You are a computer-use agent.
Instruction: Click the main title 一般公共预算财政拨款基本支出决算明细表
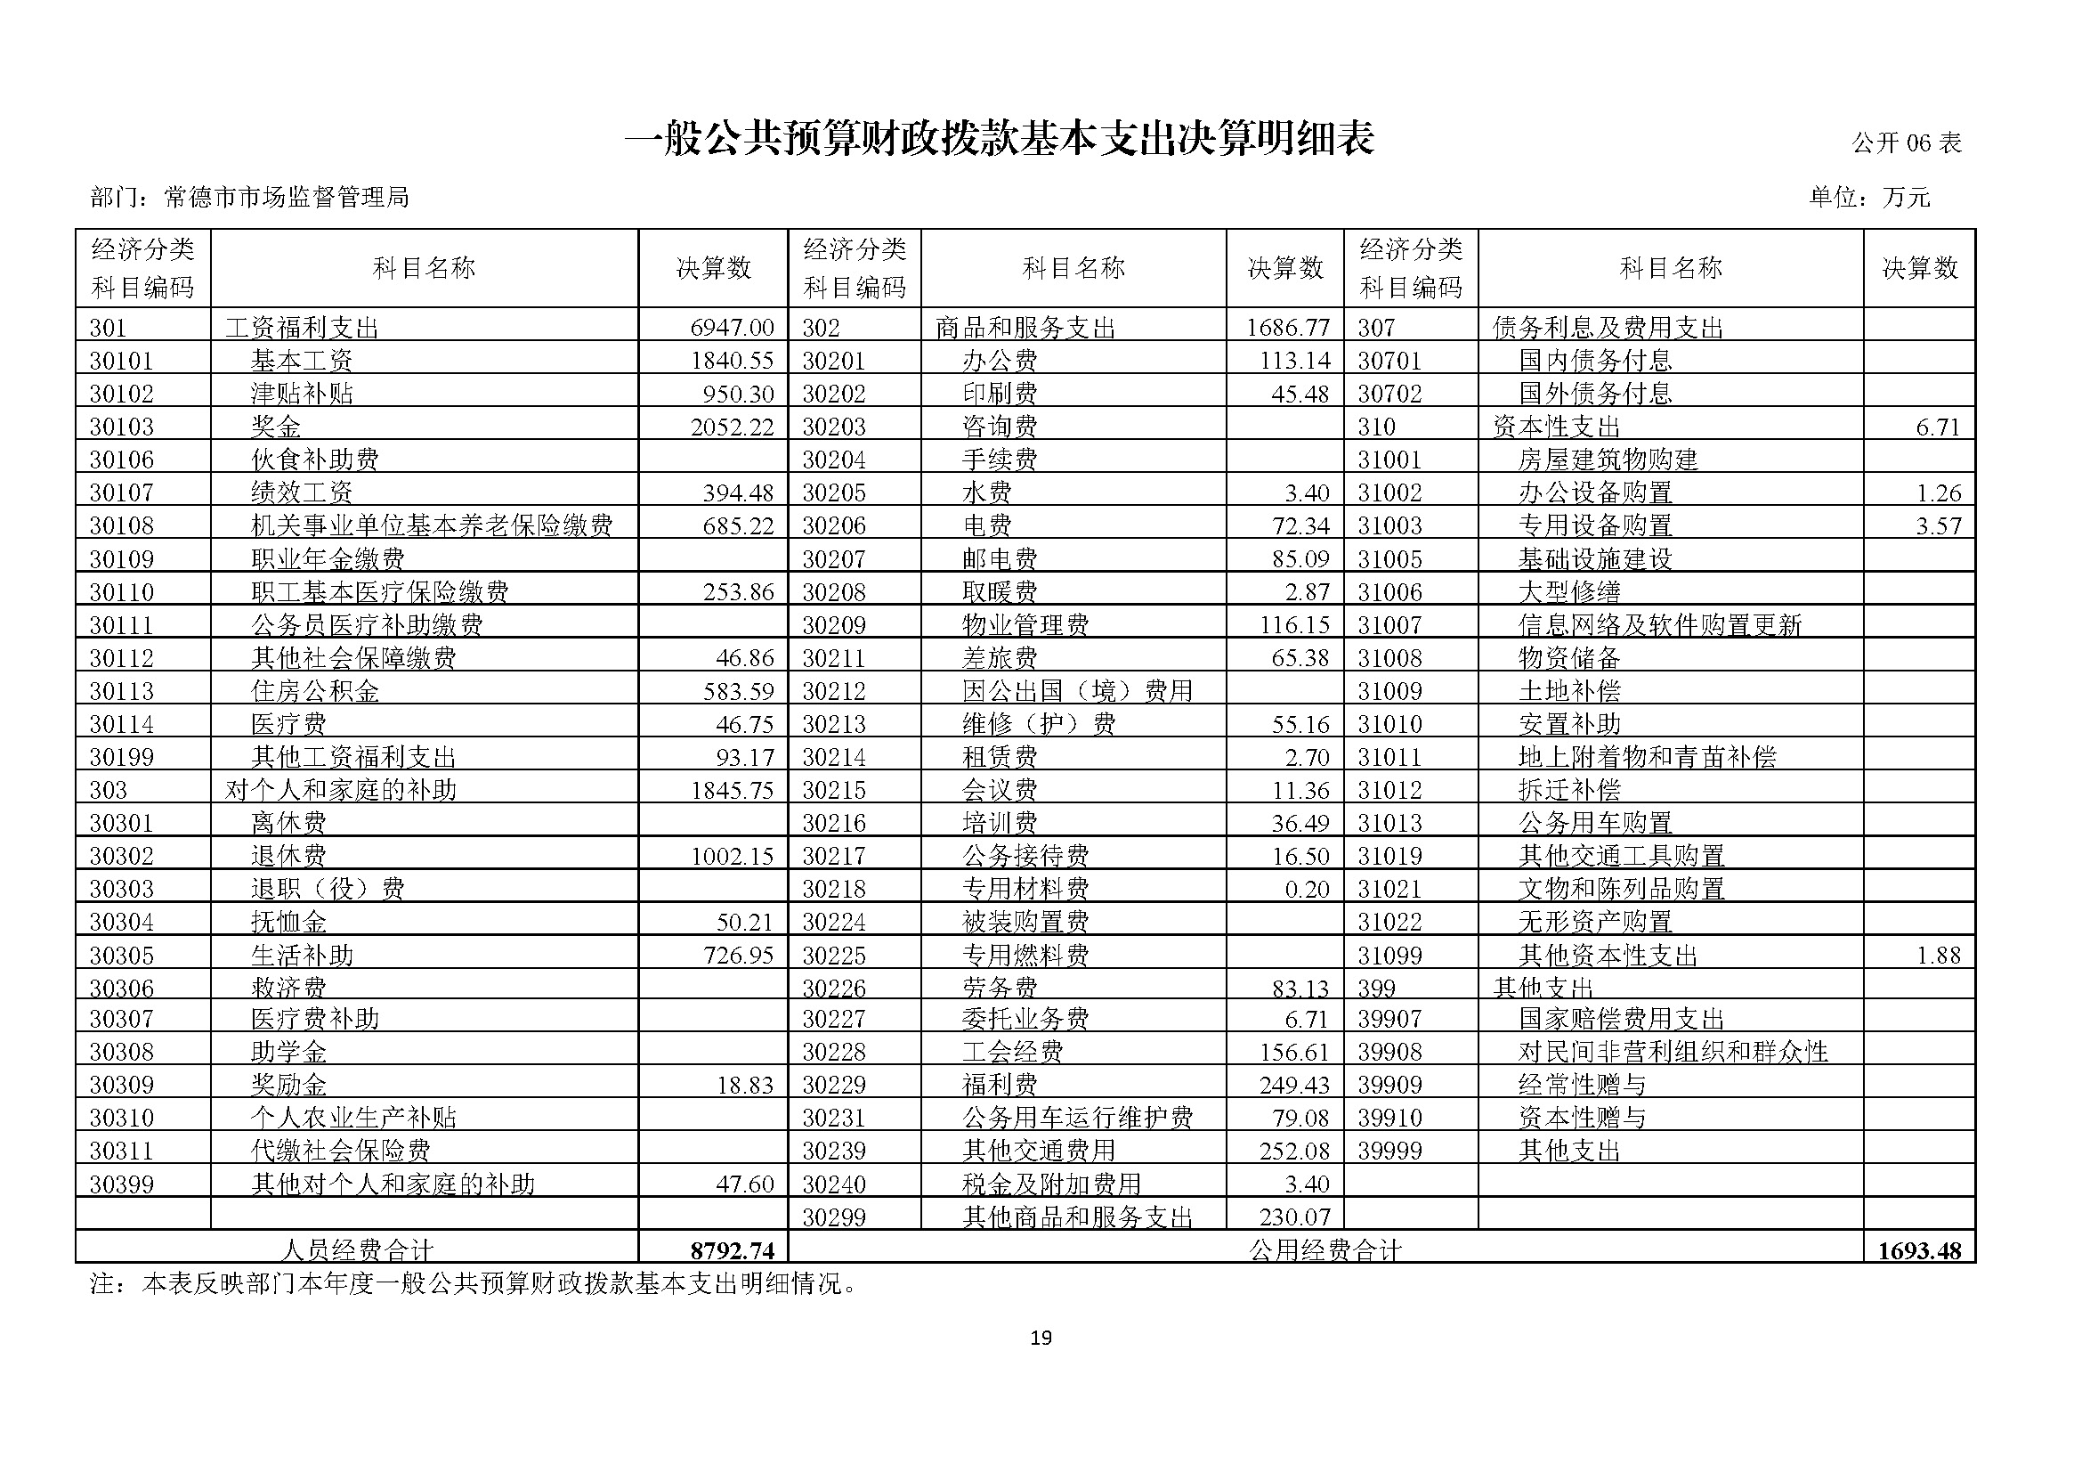click(1000, 140)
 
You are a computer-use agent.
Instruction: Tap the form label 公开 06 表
click(1906, 143)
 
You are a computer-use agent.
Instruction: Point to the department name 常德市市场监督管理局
click(286, 197)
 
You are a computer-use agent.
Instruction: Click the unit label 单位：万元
click(1870, 197)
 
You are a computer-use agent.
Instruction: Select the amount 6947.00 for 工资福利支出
click(732, 328)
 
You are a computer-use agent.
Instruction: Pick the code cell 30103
click(123, 427)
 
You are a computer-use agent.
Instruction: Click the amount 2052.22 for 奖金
click(732, 427)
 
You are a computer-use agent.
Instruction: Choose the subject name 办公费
click(1000, 361)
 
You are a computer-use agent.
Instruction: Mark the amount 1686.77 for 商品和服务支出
click(1288, 328)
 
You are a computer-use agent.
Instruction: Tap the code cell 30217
click(834, 856)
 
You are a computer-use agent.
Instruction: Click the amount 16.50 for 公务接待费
click(1300, 856)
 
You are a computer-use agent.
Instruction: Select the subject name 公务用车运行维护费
click(1077, 1119)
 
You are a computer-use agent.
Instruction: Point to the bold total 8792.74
click(732, 1250)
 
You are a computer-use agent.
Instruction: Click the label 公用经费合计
click(1325, 1250)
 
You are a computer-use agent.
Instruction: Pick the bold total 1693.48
click(1919, 1250)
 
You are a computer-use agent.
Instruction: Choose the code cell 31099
click(1390, 955)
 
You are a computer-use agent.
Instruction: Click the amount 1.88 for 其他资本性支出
click(1938, 955)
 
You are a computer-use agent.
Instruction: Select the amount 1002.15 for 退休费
click(732, 856)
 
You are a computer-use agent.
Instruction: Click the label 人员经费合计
click(356, 1250)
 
